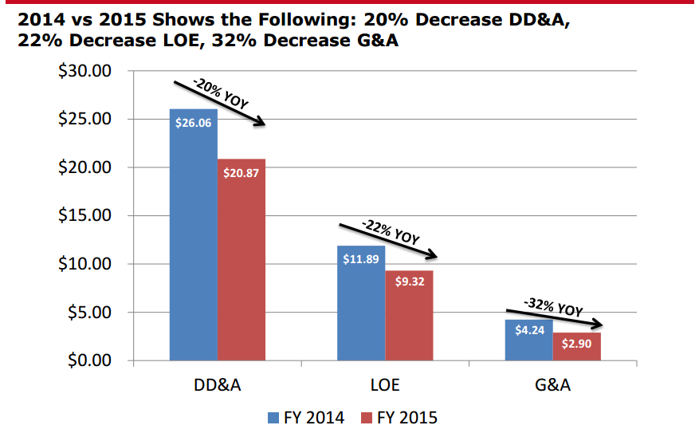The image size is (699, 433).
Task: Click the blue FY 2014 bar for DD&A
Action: point(193,239)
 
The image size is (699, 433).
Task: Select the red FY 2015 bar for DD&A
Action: point(241,263)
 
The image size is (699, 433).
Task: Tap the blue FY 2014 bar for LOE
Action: point(360,307)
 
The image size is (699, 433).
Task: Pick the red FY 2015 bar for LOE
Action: point(408,319)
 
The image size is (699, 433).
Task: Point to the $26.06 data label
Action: point(193,123)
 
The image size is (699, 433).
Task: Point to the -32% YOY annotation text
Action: point(553,306)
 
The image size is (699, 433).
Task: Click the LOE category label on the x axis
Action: point(384,386)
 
